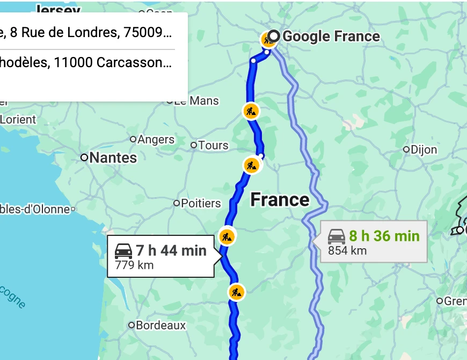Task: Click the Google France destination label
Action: (x=331, y=37)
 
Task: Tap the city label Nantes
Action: (x=113, y=158)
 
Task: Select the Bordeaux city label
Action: (x=160, y=325)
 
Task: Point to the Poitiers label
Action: (x=201, y=203)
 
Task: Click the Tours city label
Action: (x=213, y=145)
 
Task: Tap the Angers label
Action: (x=156, y=140)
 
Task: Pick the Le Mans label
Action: (x=196, y=101)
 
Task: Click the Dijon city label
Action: (x=424, y=149)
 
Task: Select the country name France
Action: (x=280, y=200)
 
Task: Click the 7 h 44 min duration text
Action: (x=171, y=250)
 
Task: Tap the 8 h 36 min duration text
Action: (x=384, y=236)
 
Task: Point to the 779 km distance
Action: (x=134, y=264)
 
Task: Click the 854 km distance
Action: (x=347, y=250)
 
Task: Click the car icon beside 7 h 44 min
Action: (x=123, y=250)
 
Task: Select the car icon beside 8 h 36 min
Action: (x=337, y=236)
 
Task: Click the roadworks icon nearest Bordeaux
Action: (x=236, y=292)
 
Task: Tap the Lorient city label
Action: (x=18, y=119)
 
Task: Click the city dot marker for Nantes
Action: (x=84, y=157)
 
